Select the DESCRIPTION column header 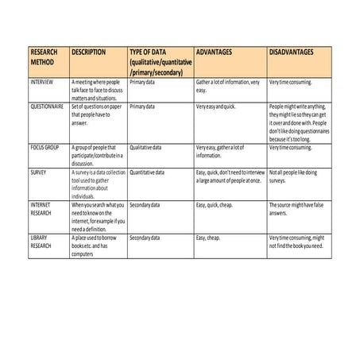88,52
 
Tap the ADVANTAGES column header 214,52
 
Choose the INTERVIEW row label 43,82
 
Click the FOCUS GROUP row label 46,147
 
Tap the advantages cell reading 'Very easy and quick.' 215,106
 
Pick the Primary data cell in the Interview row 142,82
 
